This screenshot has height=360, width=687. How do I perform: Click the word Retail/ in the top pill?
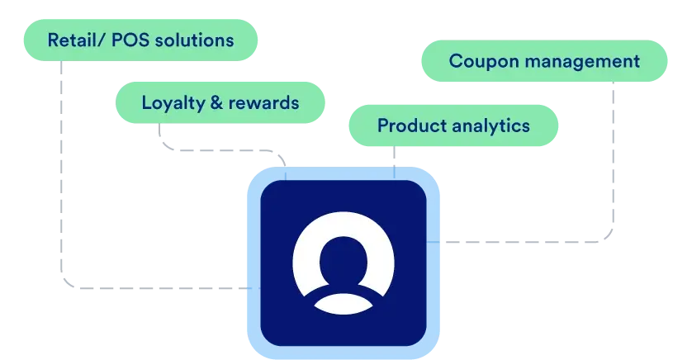click(76, 40)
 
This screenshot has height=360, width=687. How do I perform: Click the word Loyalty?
click(173, 103)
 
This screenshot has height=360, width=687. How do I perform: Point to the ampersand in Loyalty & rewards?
click(216, 102)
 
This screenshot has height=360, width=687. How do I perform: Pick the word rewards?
click(263, 102)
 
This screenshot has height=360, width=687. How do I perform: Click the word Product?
click(412, 126)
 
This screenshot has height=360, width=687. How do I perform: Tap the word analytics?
click(490, 126)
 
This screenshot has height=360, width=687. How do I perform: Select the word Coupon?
click(484, 62)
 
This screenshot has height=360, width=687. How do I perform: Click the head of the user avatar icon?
click(343, 259)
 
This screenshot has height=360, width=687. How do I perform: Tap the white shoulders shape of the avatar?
click(343, 304)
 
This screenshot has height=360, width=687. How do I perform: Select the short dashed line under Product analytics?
click(394, 162)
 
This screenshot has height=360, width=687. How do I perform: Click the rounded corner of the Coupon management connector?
click(608, 237)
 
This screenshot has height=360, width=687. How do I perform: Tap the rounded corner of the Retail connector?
click(66, 283)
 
